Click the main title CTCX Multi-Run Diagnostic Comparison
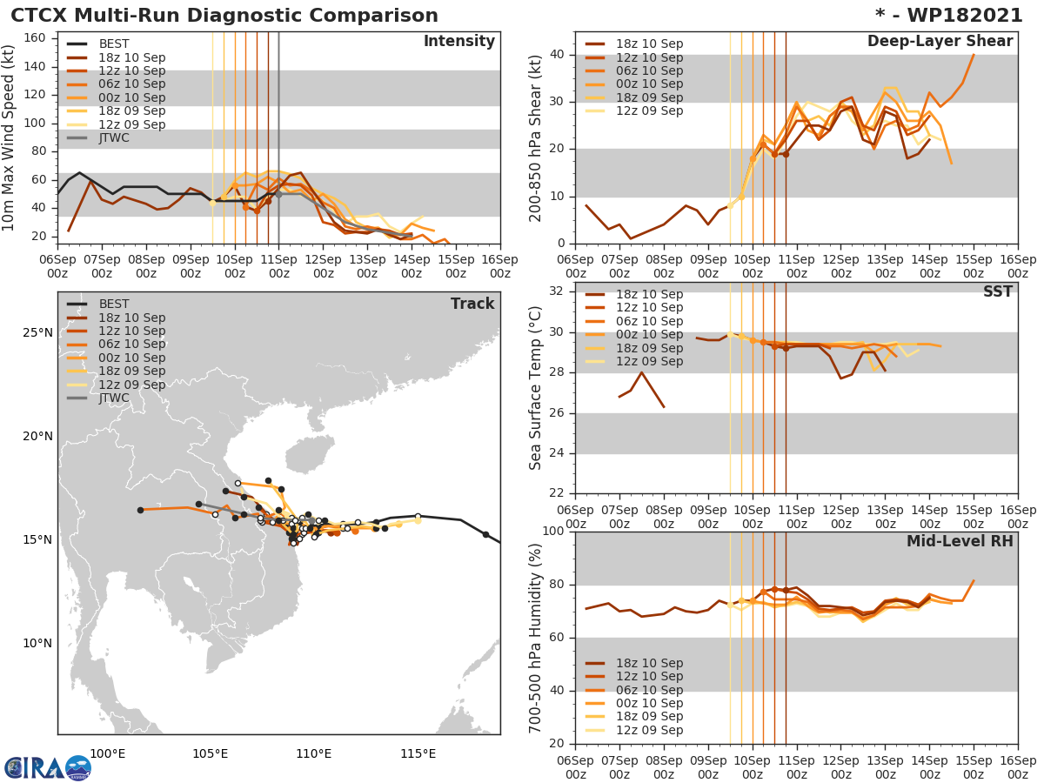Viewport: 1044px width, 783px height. (x=224, y=16)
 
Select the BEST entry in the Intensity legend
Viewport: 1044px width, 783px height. (x=112, y=43)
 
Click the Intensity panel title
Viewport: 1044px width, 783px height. (x=458, y=42)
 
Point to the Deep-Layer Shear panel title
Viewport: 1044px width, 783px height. (x=940, y=42)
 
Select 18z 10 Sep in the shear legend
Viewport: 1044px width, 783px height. (x=649, y=43)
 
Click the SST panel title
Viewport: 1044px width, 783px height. (x=997, y=292)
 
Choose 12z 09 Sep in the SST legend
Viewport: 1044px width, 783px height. (x=649, y=361)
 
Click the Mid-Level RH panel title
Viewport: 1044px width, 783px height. (x=959, y=542)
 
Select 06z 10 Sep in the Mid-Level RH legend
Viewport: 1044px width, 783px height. (x=649, y=690)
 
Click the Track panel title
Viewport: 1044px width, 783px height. (x=472, y=304)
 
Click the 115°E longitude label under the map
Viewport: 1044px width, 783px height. (x=418, y=753)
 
